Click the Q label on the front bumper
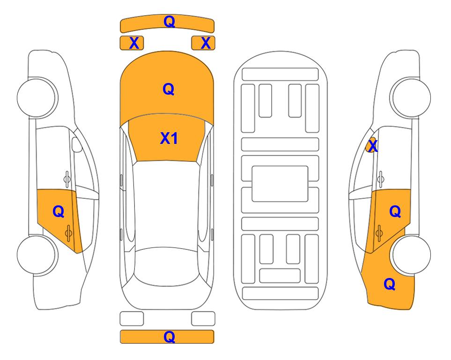pyautogui.click(x=169, y=22)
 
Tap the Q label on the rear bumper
pyautogui.click(x=169, y=337)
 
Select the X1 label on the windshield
pyautogui.click(x=169, y=138)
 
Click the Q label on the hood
pyautogui.click(x=169, y=89)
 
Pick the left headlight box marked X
pyautogui.click(x=132, y=43)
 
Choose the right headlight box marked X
pyautogui.click(x=203, y=43)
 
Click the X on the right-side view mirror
pyautogui.click(x=373, y=146)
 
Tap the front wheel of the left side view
pyautogui.click(x=37, y=97)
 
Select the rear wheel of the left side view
pyautogui.click(x=37, y=255)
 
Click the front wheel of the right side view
pyautogui.click(x=410, y=97)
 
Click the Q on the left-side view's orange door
pyautogui.click(x=59, y=212)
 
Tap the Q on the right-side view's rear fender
pyautogui.click(x=390, y=284)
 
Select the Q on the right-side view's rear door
pyautogui.click(x=395, y=212)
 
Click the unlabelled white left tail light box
pyautogui.click(x=132, y=319)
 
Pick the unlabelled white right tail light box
pyautogui.click(x=203, y=319)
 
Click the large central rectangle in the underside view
pyautogui.click(x=280, y=184)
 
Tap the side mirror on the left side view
pyautogui.click(x=76, y=144)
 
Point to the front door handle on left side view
pyautogui.click(x=67, y=179)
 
